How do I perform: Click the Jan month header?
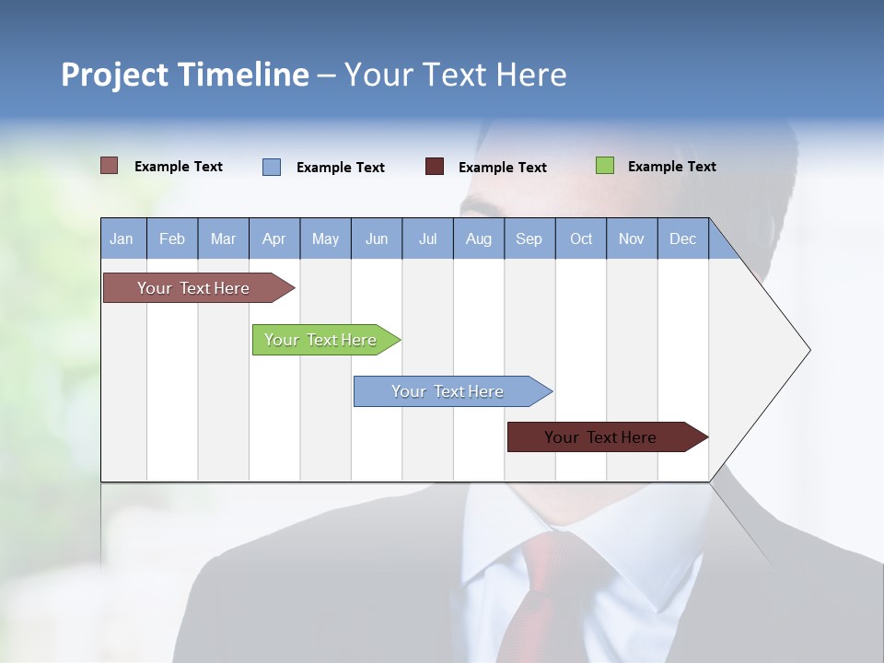click(122, 238)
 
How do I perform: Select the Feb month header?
click(172, 238)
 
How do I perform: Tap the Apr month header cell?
click(273, 238)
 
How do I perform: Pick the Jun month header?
click(377, 238)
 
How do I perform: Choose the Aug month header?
click(478, 238)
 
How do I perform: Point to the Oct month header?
click(581, 238)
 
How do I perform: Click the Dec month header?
click(682, 238)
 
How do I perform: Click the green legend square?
click(605, 166)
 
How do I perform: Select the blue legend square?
click(272, 167)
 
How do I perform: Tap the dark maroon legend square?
click(435, 167)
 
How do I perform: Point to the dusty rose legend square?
click(110, 166)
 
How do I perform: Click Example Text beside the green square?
click(671, 167)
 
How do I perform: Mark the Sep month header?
click(529, 238)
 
